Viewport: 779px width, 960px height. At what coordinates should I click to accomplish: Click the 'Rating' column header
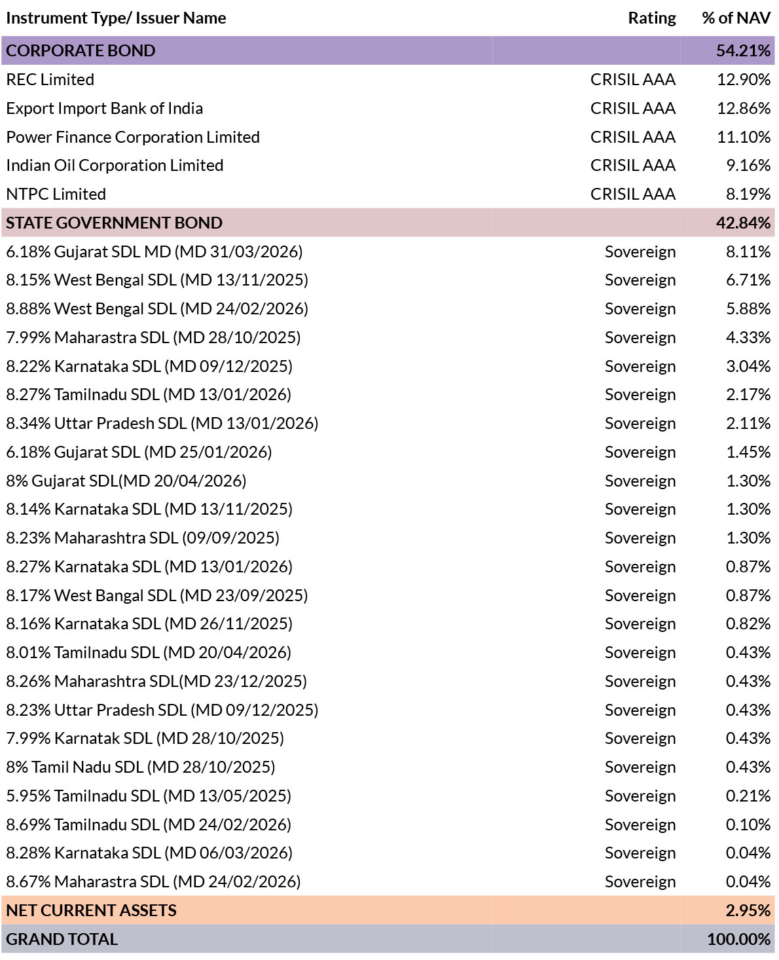651,18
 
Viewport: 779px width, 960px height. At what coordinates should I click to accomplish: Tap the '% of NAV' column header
736,18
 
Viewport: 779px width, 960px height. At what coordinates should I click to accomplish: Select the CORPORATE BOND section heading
81,50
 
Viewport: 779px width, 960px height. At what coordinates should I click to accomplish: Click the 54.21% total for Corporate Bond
743,50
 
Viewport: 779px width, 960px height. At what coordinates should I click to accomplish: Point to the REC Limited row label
50,79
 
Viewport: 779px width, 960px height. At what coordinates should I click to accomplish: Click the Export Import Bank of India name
105,108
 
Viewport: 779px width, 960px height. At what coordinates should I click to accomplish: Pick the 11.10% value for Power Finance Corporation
744,137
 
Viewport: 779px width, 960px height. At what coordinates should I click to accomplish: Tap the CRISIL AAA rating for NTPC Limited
632,194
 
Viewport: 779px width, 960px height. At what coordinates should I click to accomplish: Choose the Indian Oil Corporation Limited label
115,166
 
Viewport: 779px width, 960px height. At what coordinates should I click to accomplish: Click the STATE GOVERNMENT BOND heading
114,223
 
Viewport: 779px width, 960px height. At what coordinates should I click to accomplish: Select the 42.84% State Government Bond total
743,223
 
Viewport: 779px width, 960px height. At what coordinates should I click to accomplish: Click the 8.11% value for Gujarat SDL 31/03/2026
748,251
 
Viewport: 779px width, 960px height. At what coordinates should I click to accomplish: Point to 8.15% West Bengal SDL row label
157,280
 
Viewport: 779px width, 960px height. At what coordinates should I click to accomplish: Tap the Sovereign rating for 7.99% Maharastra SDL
640,338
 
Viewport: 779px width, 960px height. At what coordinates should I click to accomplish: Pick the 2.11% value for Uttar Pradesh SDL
748,423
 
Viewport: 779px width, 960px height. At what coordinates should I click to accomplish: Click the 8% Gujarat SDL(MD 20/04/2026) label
126,481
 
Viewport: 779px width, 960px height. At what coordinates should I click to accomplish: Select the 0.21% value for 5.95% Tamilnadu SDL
748,796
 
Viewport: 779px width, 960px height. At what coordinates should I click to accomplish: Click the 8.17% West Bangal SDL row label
157,595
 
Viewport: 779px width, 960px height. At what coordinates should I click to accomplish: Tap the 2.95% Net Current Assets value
748,910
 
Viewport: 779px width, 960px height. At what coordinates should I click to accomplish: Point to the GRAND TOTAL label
62,939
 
